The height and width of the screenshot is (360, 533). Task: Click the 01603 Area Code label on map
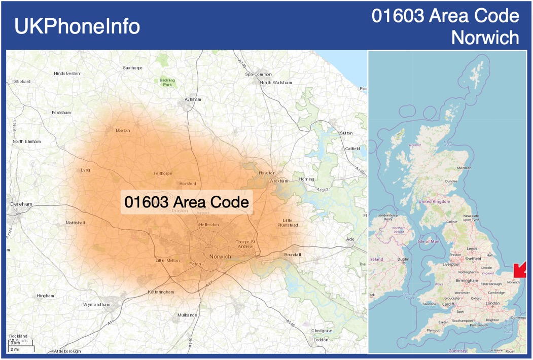[x=187, y=202]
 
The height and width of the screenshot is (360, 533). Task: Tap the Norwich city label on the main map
[x=220, y=257]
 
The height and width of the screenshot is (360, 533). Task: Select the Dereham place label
[x=21, y=204]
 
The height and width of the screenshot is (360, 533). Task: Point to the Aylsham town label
[x=193, y=99]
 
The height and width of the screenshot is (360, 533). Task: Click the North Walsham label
[x=276, y=83]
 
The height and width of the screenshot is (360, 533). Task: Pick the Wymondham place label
[x=96, y=304]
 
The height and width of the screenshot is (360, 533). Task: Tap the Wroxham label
[x=278, y=181]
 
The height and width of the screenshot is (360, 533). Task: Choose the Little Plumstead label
[x=288, y=223]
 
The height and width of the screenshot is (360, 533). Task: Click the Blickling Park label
[x=167, y=82]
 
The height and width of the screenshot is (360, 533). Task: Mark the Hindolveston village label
[x=66, y=74]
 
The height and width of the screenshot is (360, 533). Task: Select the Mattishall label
[x=75, y=223]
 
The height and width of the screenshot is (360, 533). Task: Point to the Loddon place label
[x=321, y=340]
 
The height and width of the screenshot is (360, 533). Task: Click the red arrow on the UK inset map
[x=520, y=270]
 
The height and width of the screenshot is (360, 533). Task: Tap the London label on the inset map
[x=493, y=303]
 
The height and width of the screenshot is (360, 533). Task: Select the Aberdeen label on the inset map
[x=464, y=168]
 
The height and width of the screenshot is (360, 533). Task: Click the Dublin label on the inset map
[x=404, y=259]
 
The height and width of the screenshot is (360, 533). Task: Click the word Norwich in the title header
[x=485, y=38]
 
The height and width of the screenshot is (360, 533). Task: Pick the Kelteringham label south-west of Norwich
[x=161, y=292]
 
